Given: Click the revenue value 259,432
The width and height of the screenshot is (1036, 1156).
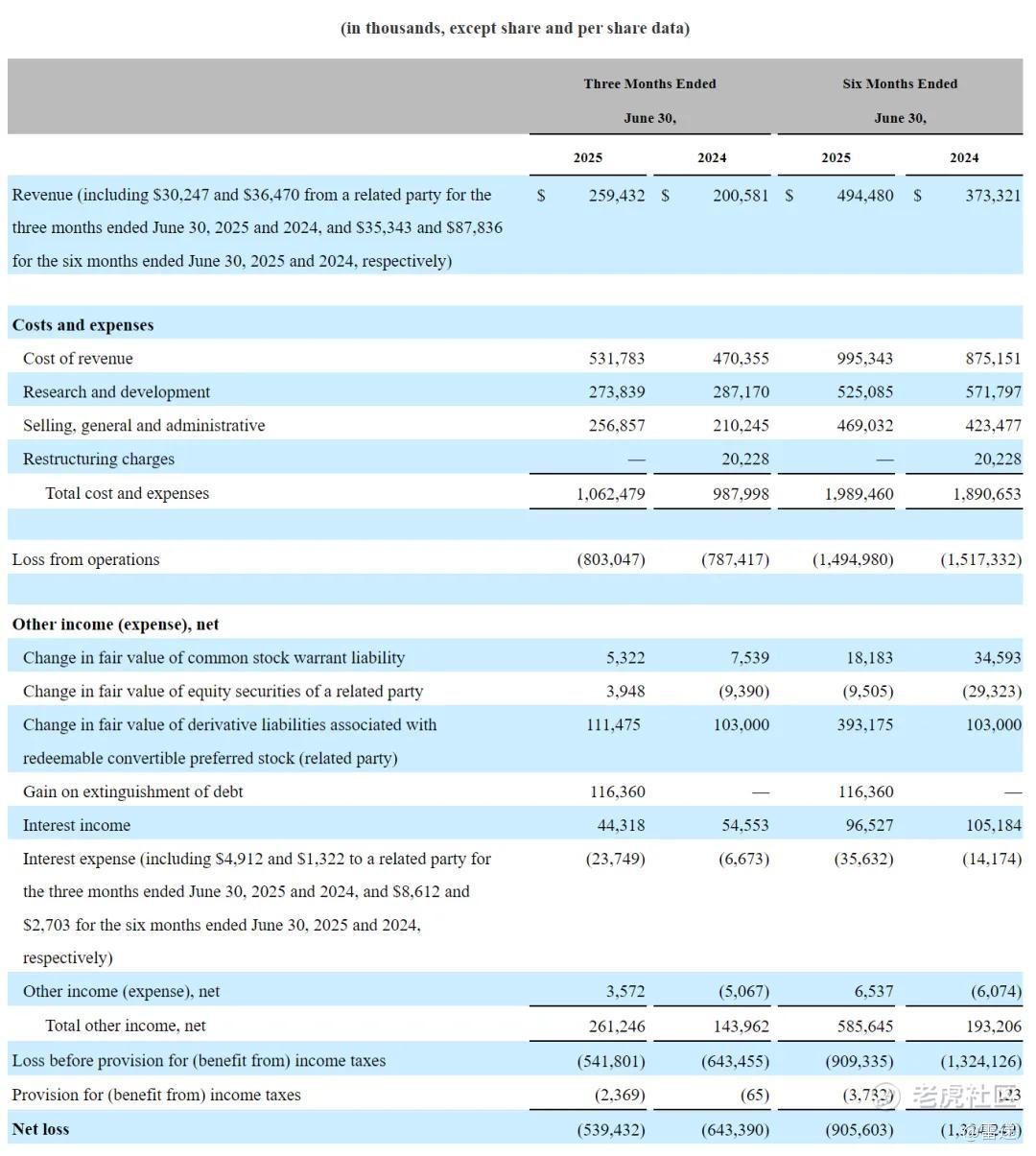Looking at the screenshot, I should tap(616, 195).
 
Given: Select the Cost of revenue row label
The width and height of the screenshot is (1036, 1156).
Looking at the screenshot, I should tap(78, 359).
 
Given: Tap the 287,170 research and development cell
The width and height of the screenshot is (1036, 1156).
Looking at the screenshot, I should tap(741, 392).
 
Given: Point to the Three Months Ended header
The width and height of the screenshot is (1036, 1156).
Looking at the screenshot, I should tap(649, 83).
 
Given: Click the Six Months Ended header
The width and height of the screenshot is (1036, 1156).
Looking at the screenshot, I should tap(899, 83).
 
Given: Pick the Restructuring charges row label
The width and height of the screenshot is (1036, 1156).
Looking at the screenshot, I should tap(99, 460).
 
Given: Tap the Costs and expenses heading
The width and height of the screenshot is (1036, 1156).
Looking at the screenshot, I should tap(82, 325).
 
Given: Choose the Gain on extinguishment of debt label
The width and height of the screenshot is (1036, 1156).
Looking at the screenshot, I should tap(132, 792).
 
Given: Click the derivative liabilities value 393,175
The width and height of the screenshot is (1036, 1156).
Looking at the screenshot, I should tap(864, 725).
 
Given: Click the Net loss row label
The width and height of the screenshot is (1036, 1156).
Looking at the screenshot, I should tap(40, 1129).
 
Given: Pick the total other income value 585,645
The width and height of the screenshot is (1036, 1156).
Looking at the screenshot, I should tap(864, 1026).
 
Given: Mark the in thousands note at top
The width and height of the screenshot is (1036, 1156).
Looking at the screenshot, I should tap(515, 28).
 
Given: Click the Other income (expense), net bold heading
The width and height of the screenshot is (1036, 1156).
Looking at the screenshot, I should tap(115, 625).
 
